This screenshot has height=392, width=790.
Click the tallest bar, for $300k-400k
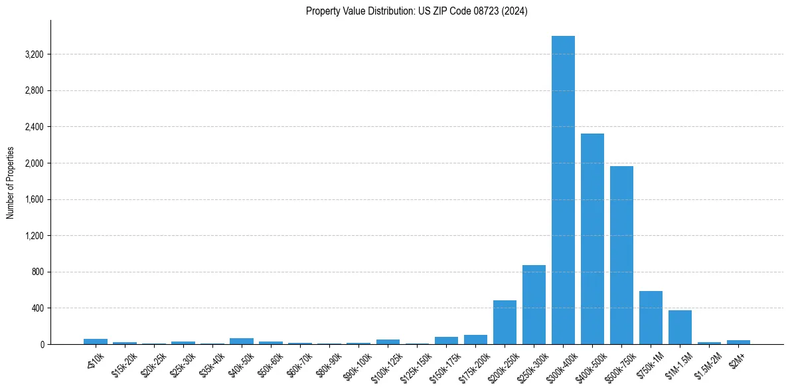[x=563, y=190]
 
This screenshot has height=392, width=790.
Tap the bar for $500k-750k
[x=621, y=255]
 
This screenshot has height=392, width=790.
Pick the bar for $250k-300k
[x=534, y=305]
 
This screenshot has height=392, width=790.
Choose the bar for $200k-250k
[x=505, y=323]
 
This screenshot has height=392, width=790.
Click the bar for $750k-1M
[x=651, y=318]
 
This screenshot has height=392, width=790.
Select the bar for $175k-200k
[x=475, y=340]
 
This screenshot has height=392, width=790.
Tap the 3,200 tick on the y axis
[x=33, y=54]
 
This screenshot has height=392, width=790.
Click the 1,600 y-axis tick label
[x=33, y=199]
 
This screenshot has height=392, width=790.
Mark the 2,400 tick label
[x=33, y=127]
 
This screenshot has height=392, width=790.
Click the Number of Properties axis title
[x=10, y=182]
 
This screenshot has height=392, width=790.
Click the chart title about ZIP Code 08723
[x=416, y=11]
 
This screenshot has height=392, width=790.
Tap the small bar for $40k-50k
[x=242, y=342]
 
